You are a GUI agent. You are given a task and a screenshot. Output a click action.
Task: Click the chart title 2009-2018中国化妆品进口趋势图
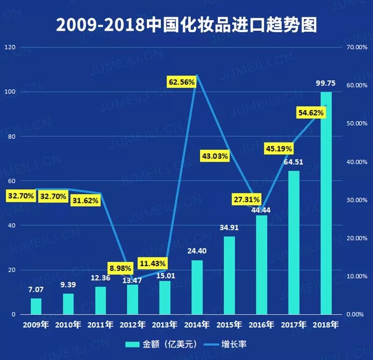pos(186,25)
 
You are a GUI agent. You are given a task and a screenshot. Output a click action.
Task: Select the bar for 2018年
pos(326,203)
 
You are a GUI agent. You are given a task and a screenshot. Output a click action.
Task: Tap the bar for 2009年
pos(36,306)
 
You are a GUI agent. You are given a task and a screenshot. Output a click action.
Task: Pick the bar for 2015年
pos(229,275)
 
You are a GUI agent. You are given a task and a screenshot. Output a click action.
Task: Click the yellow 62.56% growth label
pos(182,82)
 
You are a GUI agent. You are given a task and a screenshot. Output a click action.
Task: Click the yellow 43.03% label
pos(214,156)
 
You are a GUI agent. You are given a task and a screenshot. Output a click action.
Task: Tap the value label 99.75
pos(326,83)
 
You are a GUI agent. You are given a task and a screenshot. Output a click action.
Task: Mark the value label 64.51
pos(294,162)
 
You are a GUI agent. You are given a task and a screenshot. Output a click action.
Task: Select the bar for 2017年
pos(294,242)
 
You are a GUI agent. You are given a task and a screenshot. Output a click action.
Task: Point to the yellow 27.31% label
pos(246,200)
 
